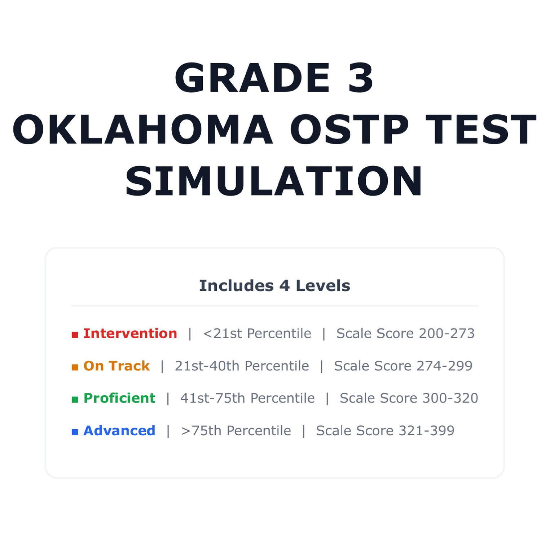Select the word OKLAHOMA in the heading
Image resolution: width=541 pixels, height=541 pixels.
pos(142,129)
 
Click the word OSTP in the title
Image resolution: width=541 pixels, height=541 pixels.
pos(349,129)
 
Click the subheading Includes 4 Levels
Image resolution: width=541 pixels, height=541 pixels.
pos(274,286)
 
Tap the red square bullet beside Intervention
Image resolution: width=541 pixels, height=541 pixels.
pos(75,335)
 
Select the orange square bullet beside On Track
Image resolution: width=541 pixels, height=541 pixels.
pos(75,367)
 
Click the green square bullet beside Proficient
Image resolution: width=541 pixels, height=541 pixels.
pos(75,400)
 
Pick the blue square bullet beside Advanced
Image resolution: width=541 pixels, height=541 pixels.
pos(75,432)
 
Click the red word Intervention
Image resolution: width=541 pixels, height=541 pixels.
pos(130,334)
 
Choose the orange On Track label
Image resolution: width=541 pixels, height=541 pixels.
pos(116,366)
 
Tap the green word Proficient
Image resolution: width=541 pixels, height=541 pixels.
pos(119,398)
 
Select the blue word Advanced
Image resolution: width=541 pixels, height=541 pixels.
pos(119,431)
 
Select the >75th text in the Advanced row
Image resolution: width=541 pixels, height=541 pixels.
pos(201,431)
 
